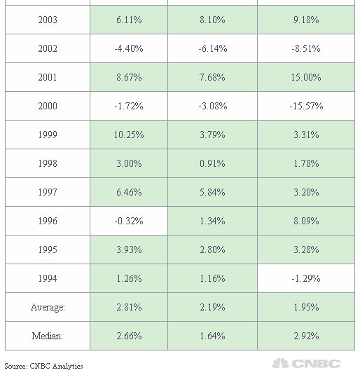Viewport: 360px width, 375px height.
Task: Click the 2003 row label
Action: pyautogui.click(x=48, y=20)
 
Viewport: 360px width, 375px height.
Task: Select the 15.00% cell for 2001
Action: pyautogui.click(x=306, y=77)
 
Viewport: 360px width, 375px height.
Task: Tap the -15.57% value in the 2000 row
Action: pyautogui.click(x=306, y=106)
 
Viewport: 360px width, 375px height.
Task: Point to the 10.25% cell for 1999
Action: pyautogui.click(x=129, y=135)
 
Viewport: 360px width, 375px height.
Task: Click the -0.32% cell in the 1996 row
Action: pyautogui.click(x=129, y=221)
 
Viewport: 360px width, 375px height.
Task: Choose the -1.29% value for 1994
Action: pyautogui.click(x=306, y=278)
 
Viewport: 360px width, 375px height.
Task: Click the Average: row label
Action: pyautogui.click(x=48, y=307)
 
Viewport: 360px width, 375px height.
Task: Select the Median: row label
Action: pyautogui.click(x=48, y=336)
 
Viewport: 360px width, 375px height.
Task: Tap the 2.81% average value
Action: pyautogui.click(x=129, y=307)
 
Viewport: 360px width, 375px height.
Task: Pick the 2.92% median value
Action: pyautogui.click(x=306, y=336)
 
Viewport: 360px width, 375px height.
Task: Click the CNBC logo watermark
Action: pyautogui.click(x=307, y=363)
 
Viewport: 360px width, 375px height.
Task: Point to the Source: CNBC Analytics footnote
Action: pyautogui.click(x=43, y=366)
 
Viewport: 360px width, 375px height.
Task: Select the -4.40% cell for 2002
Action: pyautogui.click(x=129, y=48)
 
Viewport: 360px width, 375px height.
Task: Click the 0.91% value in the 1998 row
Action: pyautogui.click(x=212, y=163)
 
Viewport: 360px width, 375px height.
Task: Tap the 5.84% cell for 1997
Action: pyautogui.click(x=212, y=192)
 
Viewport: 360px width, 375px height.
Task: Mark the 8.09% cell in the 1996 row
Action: pyautogui.click(x=306, y=221)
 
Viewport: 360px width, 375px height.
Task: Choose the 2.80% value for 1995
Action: pyautogui.click(x=212, y=250)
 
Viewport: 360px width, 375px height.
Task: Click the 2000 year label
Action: pyautogui.click(x=48, y=106)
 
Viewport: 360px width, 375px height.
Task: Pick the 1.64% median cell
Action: pyautogui.click(x=212, y=336)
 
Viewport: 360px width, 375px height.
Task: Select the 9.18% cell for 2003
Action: pyautogui.click(x=306, y=20)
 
